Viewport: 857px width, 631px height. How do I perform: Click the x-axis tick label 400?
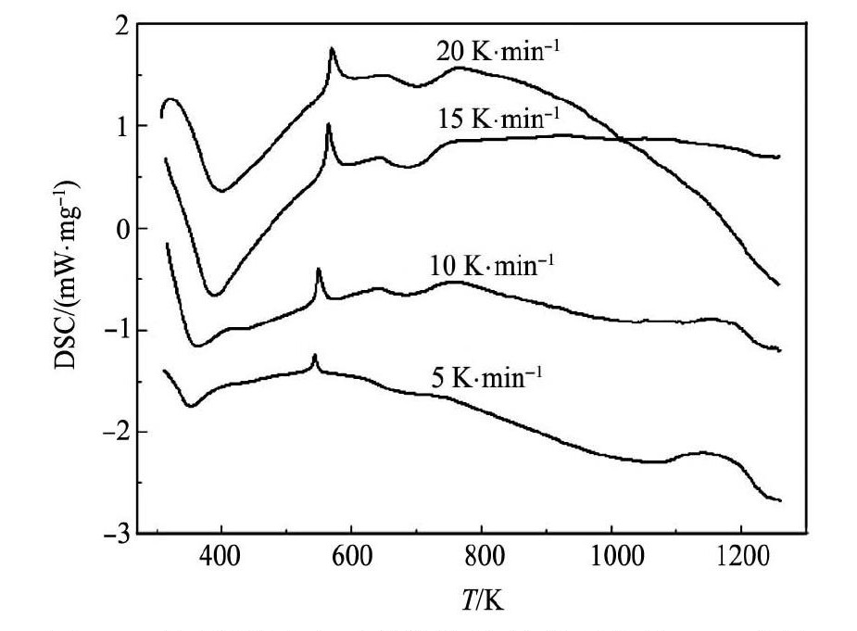221,559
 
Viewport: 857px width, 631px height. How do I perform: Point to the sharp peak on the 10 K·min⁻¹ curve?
319,270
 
